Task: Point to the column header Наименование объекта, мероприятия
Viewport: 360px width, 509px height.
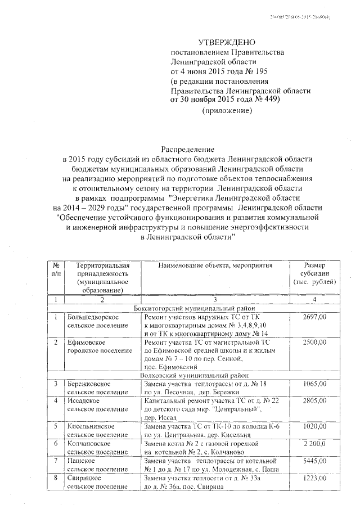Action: pyautogui.click(x=215, y=265)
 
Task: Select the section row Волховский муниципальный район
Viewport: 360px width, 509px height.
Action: pyautogui.click(x=196, y=375)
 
